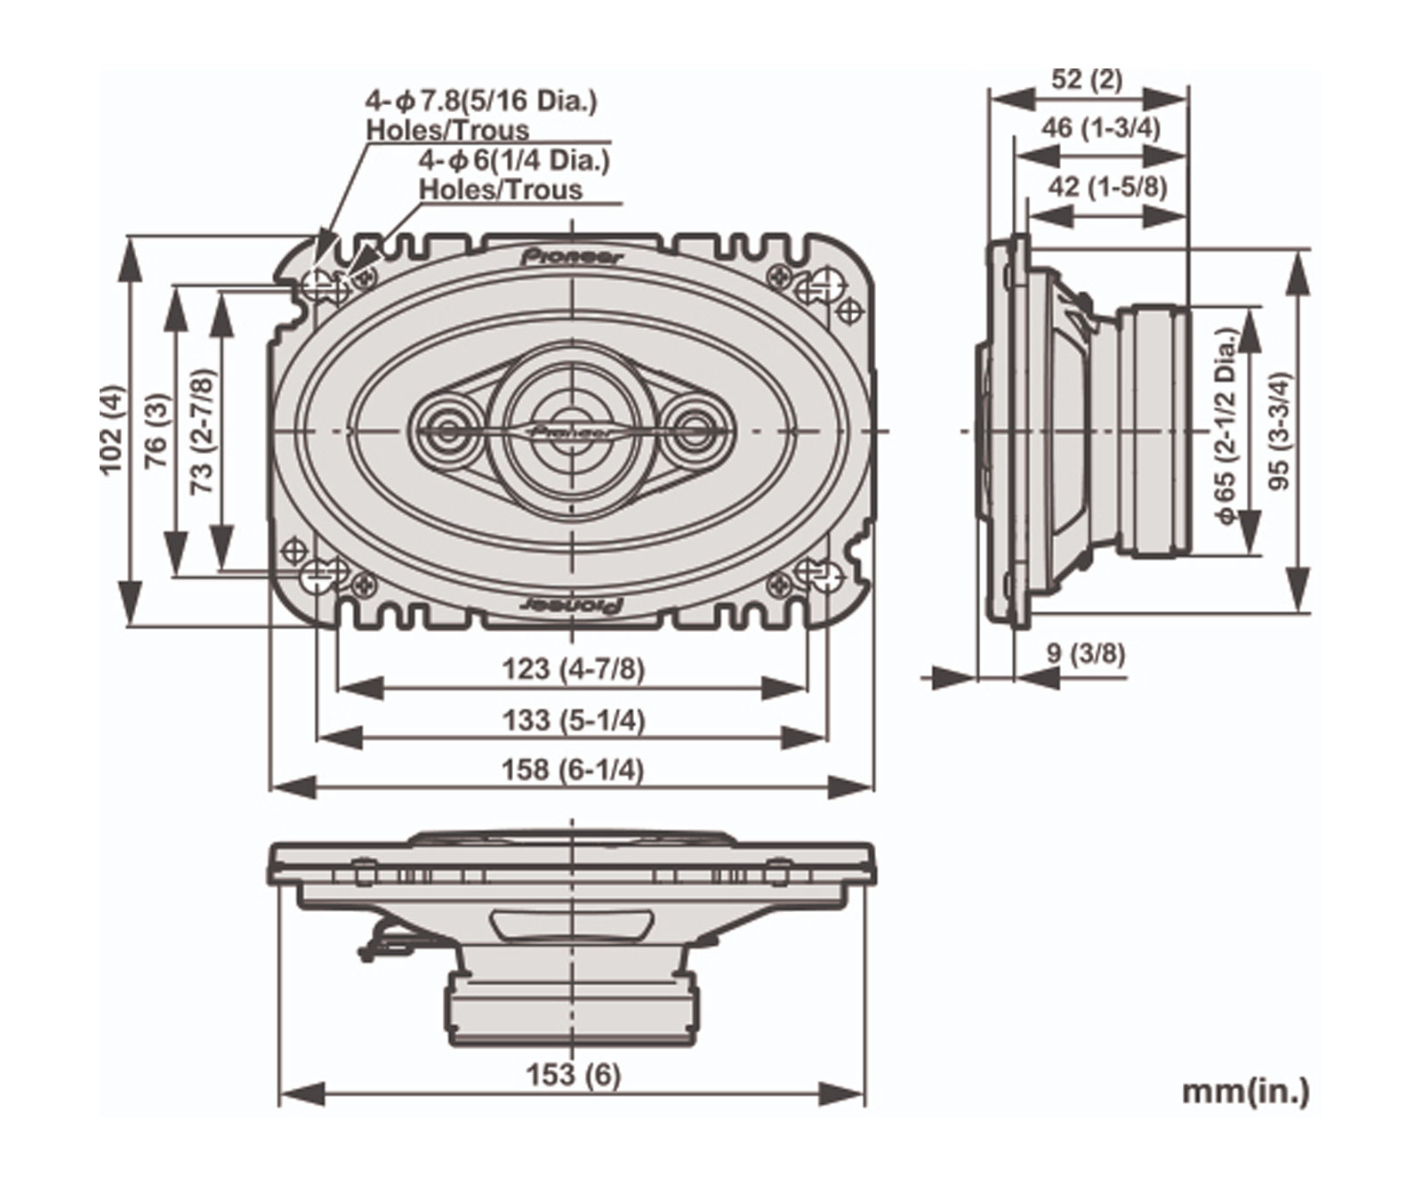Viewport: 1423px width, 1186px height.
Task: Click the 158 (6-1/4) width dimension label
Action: [x=572, y=770]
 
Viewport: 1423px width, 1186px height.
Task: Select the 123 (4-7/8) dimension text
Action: [x=572, y=668]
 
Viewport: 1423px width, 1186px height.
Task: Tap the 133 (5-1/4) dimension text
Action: [x=572, y=719]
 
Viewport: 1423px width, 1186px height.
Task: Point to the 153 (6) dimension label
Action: [x=572, y=1075]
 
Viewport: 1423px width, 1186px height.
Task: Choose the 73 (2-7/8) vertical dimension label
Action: [x=203, y=432]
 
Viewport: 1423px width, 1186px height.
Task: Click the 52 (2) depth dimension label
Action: [x=1087, y=80]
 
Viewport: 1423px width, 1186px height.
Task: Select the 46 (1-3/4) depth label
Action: [x=1100, y=128]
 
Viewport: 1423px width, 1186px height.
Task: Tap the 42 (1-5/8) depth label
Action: [x=1106, y=187]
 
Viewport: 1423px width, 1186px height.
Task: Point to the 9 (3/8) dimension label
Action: [x=1085, y=655]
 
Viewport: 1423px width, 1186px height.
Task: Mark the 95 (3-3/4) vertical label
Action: [x=1281, y=431]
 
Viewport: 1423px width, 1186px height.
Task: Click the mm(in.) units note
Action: [x=1245, y=1091]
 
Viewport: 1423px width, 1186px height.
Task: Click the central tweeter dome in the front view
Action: [x=572, y=431]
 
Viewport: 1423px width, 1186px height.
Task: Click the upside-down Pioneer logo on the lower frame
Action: [x=570, y=604]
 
